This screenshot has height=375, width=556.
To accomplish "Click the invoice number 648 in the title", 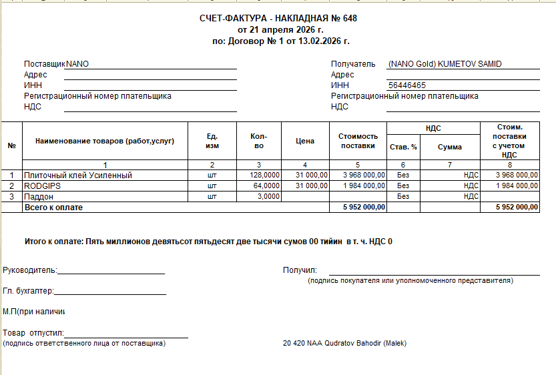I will coord(350,18).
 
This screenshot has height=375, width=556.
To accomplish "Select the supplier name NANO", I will coord(77,64).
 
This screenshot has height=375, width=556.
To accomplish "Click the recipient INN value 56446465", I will coord(406,85).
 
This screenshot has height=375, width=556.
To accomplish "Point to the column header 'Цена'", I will coord(305,141).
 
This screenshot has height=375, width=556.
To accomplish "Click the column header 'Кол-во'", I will coord(259,141).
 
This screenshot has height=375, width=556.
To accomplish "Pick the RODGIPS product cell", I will coord(43,185).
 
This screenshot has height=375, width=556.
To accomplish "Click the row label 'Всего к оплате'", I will coord(53,208).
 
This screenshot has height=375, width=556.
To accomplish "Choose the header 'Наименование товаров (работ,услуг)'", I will coord(105,141).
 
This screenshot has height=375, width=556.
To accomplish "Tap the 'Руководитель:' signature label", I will coord(30,270).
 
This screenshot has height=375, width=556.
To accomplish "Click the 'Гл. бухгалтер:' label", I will coord(28,291).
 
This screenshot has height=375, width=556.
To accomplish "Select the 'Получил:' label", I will coord(300,270).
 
